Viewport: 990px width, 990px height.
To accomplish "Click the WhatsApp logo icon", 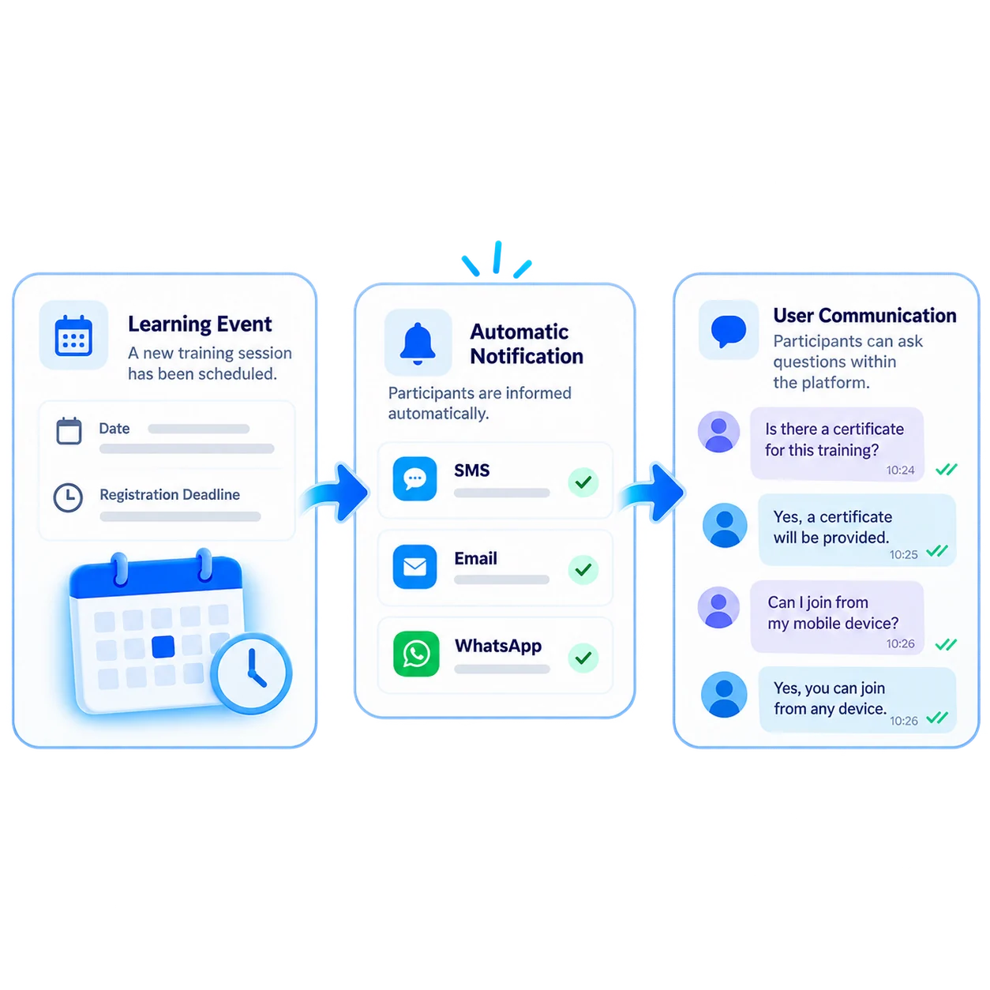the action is tap(415, 654).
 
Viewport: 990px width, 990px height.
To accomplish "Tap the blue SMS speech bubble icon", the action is tap(414, 478).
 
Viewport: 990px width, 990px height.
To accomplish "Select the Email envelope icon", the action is tap(414, 566).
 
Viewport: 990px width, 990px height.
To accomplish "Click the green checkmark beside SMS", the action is tap(583, 482).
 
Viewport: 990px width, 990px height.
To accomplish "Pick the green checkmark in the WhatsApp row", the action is tap(583, 658).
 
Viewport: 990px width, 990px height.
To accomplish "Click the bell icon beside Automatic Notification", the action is tap(418, 343).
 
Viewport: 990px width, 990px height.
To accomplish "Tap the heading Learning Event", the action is tap(200, 324).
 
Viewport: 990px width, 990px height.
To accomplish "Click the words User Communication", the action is tap(864, 316).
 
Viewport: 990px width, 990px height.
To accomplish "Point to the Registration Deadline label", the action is tap(170, 494).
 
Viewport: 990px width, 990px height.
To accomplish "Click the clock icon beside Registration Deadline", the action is tap(68, 497).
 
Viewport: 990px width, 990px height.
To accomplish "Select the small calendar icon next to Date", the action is tap(69, 430).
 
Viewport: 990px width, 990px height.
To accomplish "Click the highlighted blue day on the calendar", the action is tap(163, 647).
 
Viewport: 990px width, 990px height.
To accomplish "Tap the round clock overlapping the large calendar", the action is tap(252, 673).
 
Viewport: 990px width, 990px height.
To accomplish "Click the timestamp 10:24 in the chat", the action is tap(900, 470).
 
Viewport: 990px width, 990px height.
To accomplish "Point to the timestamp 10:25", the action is tap(904, 554).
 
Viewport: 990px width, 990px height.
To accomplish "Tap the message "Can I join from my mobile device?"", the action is tap(833, 613).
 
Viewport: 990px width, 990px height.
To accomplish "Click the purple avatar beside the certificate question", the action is tap(718, 432).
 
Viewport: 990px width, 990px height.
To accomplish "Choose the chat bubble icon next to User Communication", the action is tap(729, 331).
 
